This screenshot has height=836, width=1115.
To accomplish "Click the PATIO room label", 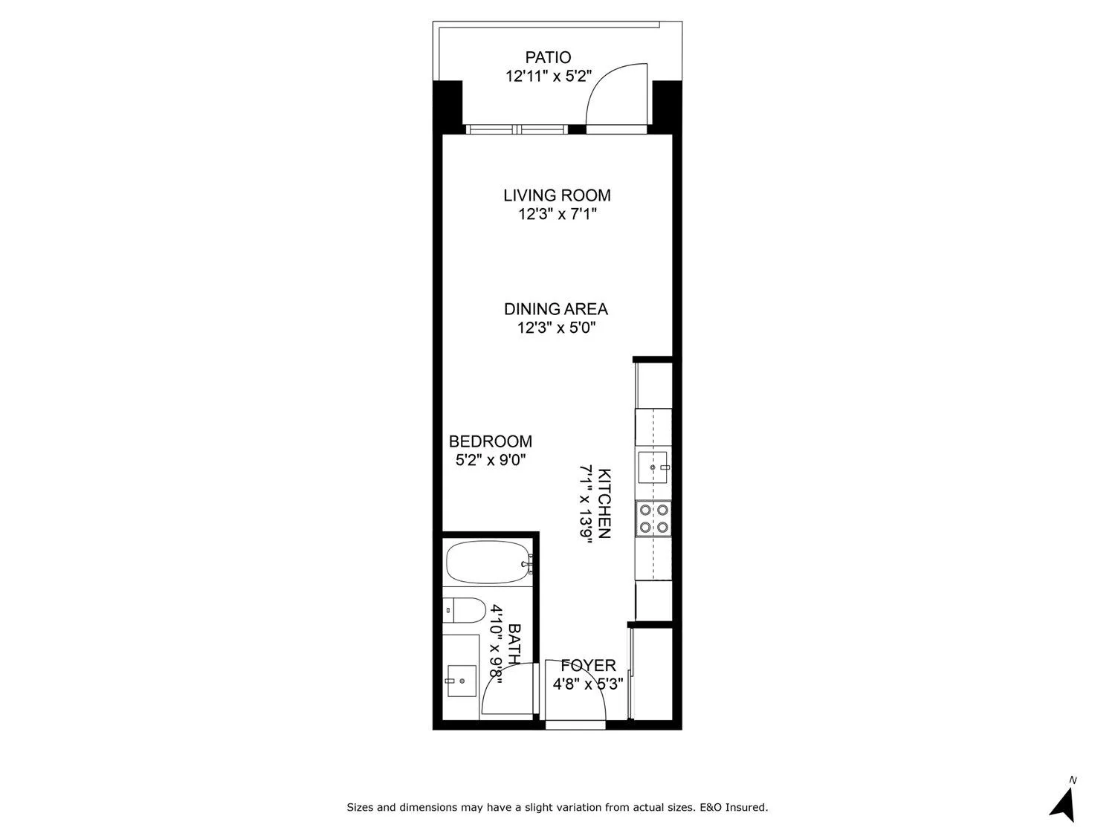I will pyautogui.click(x=548, y=57).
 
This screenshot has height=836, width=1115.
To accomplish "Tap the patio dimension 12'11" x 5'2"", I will pyautogui.click(x=548, y=76).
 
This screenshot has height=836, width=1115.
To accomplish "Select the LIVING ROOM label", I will pyautogui.click(x=557, y=195).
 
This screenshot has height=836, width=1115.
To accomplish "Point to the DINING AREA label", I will pyautogui.click(x=556, y=309).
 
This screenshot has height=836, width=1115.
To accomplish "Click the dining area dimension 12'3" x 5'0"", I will pyautogui.click(x=557, y=328).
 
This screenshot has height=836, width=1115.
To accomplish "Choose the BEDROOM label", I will pyautogui.click(x=491, y=441).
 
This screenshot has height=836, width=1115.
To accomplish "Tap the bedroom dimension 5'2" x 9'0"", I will pyautogui.click(x=491, y=460).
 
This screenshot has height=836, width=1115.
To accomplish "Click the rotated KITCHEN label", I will pyautogui.click(x=604, y=504).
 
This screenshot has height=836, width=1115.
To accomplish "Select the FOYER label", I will pyautogui.click(x=588, y=666).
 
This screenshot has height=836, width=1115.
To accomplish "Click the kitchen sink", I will pyautogui.click(x=654, y=467).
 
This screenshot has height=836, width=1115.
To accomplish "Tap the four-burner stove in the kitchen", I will pyautogui.click(x=653, y=519).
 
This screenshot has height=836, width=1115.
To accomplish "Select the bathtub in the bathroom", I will pyautogui.click(x=488, y=563).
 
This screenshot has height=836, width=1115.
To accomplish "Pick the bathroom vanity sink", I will pyautogui.click(x=461, y=678).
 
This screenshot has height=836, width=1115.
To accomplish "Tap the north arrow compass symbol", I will pyautogui.click(x=1064, y=803).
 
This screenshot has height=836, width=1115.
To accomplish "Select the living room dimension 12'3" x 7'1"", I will pyautogui.click(x=557, y=215).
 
